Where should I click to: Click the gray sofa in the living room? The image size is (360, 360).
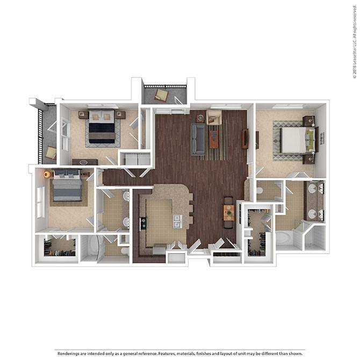(197, 139)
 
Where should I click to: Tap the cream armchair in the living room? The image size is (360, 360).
(214, 118)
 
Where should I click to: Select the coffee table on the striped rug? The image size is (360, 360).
(214, 140)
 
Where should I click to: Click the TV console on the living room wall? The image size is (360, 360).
(245, 139)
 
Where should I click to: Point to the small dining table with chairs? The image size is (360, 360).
(229, 213)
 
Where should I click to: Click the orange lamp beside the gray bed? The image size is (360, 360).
(46, 174)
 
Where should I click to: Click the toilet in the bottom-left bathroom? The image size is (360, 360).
(124, 250)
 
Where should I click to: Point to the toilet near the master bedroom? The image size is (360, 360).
(261, 190)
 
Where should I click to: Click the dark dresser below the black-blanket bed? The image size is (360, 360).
(85, 162)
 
